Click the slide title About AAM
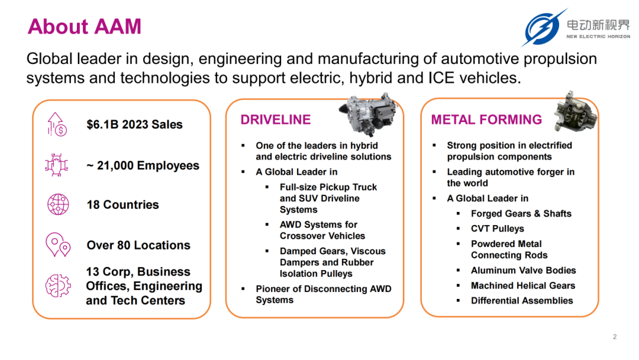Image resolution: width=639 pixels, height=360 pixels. tap(85, 27)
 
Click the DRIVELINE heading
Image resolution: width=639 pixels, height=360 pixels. tap(276, 120)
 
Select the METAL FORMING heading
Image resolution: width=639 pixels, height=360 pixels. tap(486, 120)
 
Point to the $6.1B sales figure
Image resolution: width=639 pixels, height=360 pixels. tap(134, 124)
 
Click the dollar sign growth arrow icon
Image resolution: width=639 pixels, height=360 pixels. tap(57, 124)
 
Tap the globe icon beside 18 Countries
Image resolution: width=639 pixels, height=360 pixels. tap(58, 204)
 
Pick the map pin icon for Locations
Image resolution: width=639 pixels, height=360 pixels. tap(58, 245)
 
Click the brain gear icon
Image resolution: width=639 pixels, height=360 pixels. tap(58, 285)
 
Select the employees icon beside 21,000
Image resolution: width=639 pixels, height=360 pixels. tap(56, 165)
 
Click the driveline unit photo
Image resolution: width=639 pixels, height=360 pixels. tap(367, 114)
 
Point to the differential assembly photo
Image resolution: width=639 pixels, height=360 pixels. tap(575, 111)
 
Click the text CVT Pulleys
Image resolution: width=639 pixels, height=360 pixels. tap(497, 229)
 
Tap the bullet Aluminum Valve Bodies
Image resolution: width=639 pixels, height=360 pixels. tap(523, 271)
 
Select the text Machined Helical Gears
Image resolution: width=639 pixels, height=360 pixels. tap(523, 285)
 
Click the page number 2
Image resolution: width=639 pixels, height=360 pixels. tap(615, 337)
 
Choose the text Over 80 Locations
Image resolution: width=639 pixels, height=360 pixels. tap(138, 245)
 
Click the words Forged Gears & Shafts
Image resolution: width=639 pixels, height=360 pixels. tap(521, 214)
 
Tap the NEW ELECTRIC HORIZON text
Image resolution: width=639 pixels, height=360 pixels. tap(598, 37)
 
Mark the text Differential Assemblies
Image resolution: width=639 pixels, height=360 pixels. tap(522, 300)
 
